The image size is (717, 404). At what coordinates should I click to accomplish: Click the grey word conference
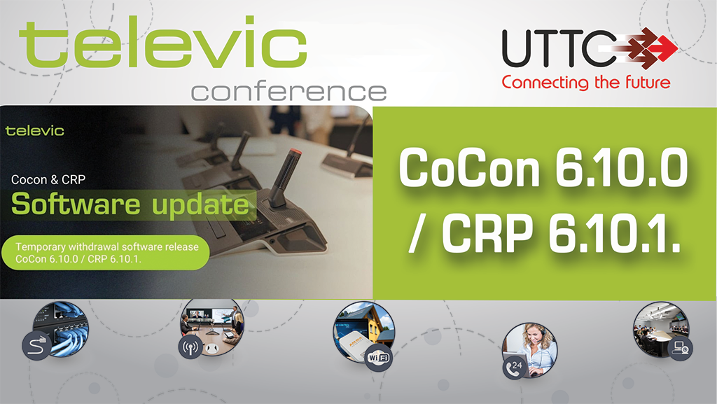click(x=289, y=92)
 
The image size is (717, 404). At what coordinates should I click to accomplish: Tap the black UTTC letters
click(x=559, y=48)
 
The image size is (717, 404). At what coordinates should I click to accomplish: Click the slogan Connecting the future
click(x=586, y=83)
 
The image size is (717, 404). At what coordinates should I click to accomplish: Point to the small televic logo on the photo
click(x=35, y=131)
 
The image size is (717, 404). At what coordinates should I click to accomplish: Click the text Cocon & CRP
click(x=48, y=180)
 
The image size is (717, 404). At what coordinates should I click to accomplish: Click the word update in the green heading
click(x=200, y=204)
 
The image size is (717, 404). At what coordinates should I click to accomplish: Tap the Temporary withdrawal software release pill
click(x=106, y=253)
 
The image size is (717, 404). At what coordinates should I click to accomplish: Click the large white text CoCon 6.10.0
click(x=543, y=167)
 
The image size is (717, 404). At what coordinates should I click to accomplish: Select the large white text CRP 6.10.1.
click(x=561, y=234)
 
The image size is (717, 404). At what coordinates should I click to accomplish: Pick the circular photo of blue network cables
click(x=60, y=328)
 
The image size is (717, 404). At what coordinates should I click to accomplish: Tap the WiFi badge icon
click(x=379, y=357)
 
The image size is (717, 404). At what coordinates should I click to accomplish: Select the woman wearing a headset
click(x=535, y=347)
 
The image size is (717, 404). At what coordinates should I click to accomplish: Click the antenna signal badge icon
click(x=190, y=347)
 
